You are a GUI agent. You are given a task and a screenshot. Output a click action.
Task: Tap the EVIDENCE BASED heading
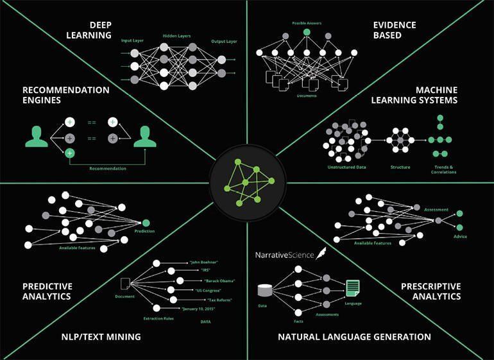[395, 30]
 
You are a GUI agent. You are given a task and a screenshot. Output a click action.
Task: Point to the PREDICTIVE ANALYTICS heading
[47, 291]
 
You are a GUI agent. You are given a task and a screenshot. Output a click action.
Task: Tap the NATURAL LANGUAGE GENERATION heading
[354, 337]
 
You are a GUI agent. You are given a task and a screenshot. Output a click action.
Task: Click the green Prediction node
[146, 223]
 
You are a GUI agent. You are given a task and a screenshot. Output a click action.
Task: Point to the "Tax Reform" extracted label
[219, 300]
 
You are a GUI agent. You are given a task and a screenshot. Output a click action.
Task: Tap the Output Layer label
[223, 41]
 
